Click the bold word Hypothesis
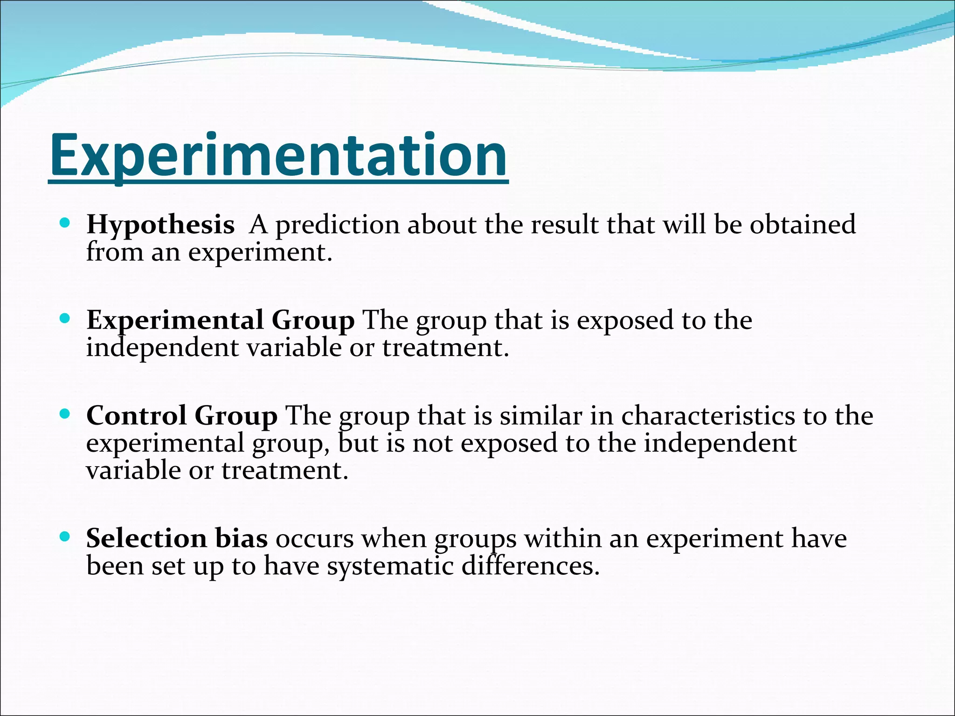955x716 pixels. pyautogui.click(x=160, y=225)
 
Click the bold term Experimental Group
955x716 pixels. pyautogui.click(x=220, y=321)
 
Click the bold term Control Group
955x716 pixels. pyautogui.click(x=182, y=416)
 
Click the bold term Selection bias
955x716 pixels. pyautogui.click(x=177, y=538)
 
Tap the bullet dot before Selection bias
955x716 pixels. pyautogui.click(x=65, y=537)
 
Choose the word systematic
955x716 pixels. pyautogui.click(x=390, y=566)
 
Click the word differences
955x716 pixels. pyautogui.click(x=530, y=566)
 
